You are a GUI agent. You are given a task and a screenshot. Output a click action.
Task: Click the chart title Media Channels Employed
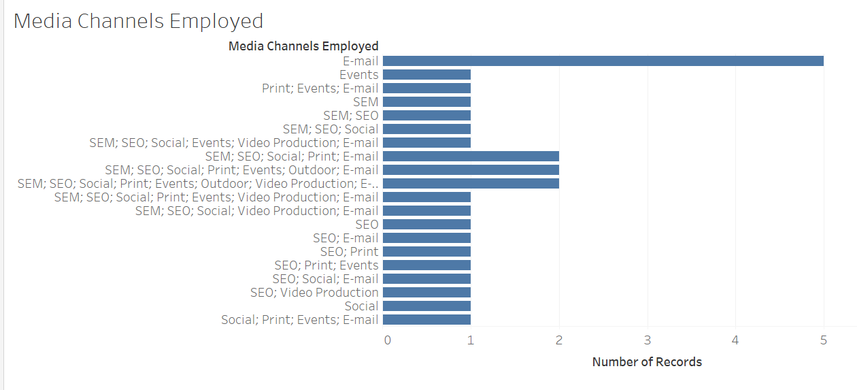139,21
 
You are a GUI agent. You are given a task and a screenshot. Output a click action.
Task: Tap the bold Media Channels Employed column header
303,46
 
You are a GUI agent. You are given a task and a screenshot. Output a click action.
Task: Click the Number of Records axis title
647,362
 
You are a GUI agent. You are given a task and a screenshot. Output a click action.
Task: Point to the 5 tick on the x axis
824,340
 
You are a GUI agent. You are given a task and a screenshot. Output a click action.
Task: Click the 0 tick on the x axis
388,340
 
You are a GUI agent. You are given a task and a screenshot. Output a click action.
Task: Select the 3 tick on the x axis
648,340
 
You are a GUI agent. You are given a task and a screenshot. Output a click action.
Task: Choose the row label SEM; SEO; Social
331,129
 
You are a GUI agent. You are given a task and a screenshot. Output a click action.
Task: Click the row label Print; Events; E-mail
320,88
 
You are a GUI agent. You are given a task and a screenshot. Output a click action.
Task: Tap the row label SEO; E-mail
346,238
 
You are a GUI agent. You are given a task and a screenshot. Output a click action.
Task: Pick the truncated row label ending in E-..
198,184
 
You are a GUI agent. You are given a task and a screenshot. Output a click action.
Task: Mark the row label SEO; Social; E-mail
326,279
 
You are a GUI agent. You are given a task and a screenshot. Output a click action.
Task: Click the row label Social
362,306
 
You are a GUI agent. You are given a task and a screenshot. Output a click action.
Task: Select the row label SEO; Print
350,252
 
